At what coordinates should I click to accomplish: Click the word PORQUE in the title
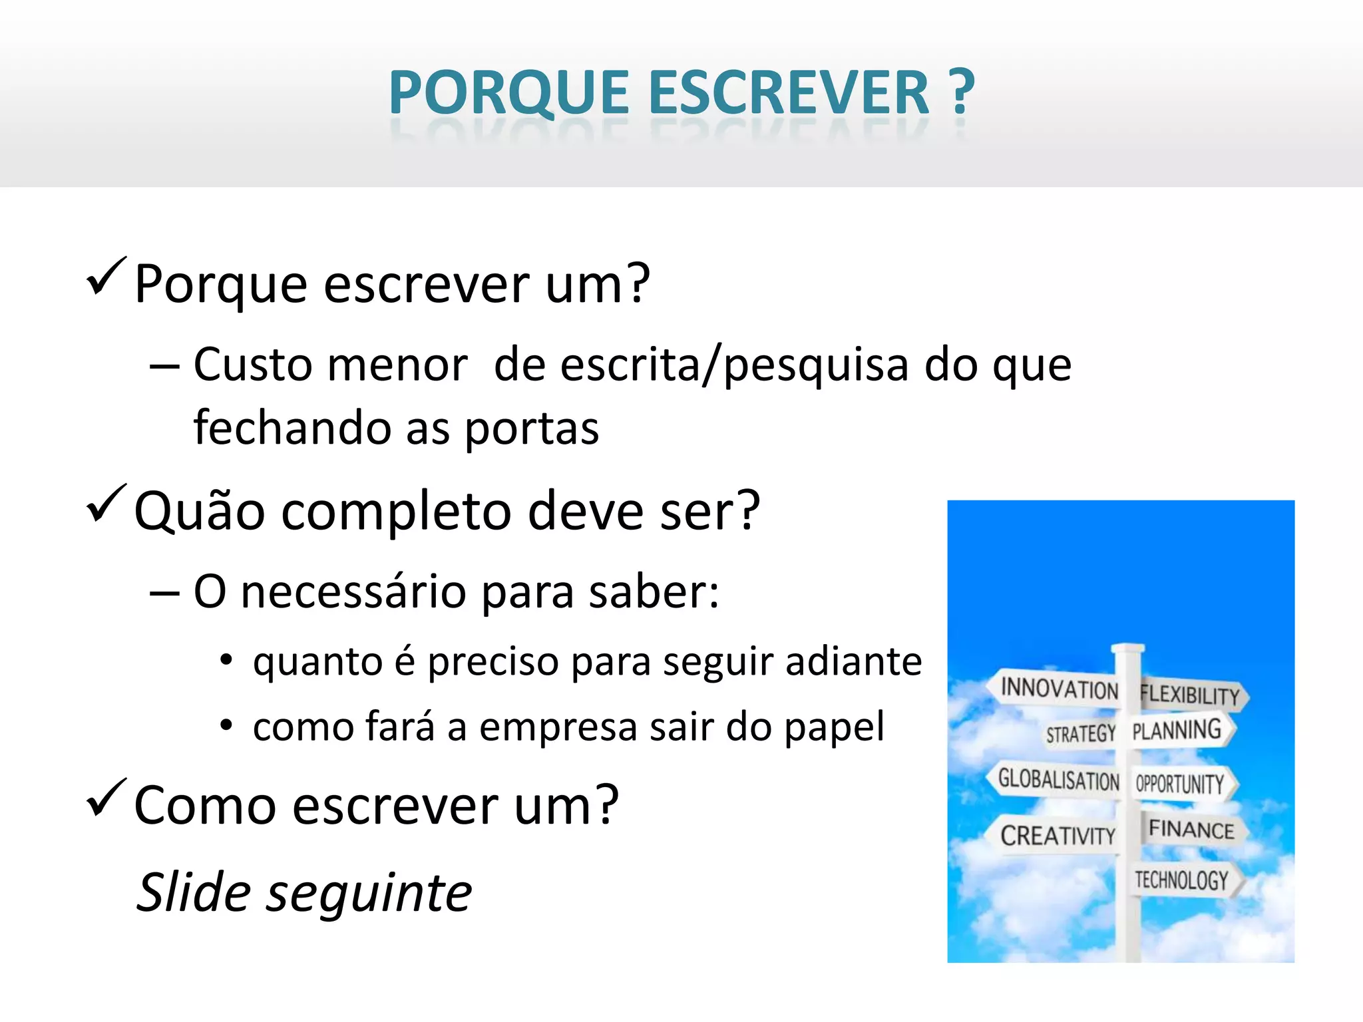tap(509, 93)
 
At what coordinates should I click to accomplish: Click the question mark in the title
tap(961, 93)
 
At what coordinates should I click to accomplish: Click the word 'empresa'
tap(558, 727)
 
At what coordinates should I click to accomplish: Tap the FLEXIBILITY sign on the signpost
tap(1190, 695)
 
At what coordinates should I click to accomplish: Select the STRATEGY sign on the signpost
tap(1080, 734)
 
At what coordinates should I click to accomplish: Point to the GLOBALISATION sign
tap(1058, 779)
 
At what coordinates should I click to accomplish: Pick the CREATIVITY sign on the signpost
tap(1058, 835)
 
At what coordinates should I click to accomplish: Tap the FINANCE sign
tap(1191, 830)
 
